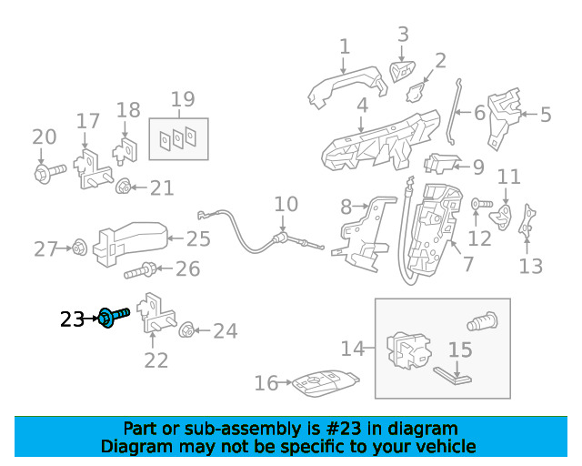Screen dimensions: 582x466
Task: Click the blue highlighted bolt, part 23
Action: tap(114, 318)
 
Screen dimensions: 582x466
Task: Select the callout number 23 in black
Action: tap(73, 319)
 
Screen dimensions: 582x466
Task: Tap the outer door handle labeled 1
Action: tap(347, 87)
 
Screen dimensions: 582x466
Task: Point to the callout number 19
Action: tap(183, 99)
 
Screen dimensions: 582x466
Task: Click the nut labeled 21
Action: tap(123, 186)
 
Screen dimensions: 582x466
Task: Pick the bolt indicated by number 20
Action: tap(50, 173)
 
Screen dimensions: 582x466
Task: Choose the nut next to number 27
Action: tap(79, 248)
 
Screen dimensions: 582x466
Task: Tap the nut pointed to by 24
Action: tap(186, 330)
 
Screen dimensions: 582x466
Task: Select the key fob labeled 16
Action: tap(326, 383)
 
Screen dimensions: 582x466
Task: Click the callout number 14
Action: tap(353, 349)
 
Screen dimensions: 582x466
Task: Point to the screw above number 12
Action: tap(481, 204)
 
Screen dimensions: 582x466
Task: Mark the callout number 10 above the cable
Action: tap(286, 204)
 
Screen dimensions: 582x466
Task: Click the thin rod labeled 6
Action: tap(455, 112)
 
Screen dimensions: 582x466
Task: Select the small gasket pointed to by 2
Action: tap(416, 93)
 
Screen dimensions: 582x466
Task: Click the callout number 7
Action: tap(468, 264)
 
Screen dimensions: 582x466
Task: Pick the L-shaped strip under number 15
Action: tap(452, 375)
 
